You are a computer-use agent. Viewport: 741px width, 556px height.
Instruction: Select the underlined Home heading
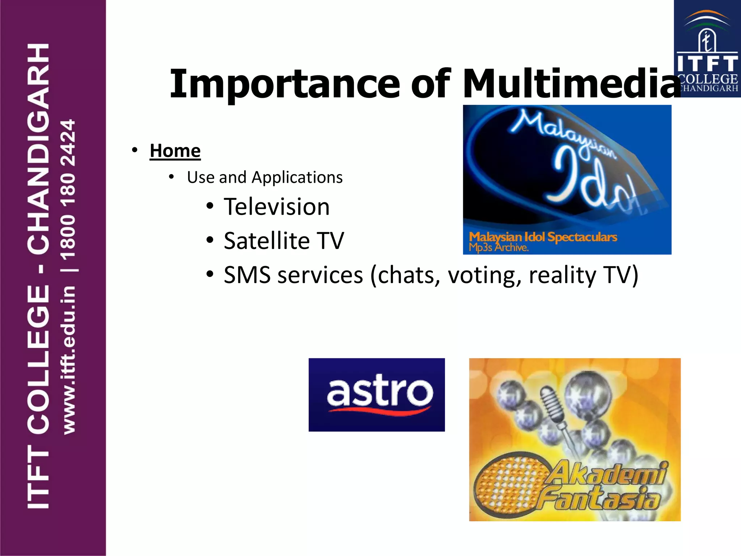[175, 151]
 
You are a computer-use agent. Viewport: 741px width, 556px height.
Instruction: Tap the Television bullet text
[277, 207]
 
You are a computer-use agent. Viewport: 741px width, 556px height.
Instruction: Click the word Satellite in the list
[267, 241]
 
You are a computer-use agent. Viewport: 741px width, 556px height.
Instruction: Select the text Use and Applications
[265, 177]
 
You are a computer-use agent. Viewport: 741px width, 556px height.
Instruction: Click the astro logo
[377, 395]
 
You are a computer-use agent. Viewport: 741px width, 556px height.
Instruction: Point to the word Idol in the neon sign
[593, 181]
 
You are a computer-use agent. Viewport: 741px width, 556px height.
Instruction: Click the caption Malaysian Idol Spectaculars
[543, 237]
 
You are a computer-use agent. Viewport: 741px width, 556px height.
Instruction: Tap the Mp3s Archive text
[499, 248]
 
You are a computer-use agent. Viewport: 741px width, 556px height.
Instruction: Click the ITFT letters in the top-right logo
[707, 64]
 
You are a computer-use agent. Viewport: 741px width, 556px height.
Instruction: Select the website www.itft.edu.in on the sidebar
[69, 360]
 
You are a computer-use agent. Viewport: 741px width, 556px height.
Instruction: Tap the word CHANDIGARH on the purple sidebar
[38, 148]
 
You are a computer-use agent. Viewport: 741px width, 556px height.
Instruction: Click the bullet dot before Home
[135, 150]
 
